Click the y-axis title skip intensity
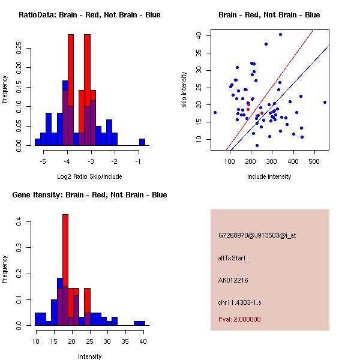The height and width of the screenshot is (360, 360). (x=184, y=90)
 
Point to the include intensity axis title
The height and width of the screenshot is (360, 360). (x=269, y=176)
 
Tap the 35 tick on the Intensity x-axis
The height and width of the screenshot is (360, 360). (x=125, y=341)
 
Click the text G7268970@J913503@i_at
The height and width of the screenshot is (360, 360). (x=257, y=235)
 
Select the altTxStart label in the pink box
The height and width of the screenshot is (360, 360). (x=232, y=258)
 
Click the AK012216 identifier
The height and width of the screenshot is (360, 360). (x=233, y=280)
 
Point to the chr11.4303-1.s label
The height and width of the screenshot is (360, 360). (x=239, y=302)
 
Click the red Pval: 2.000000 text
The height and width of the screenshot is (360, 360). (x=239, y=319)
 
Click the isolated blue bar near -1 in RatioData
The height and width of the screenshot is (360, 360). (x=142, y=142)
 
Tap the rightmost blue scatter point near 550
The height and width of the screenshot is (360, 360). (x=325, y=102)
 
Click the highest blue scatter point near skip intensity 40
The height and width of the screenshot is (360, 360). (x=280, y=34)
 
